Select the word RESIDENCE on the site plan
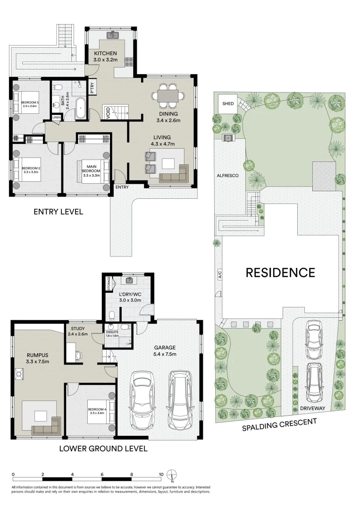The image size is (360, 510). pyautogui.click(x=280, y=272)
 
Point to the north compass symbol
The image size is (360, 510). pyautogui.click(x=173, y=474)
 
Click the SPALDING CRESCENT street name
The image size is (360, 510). pyautogui.click(x=279, y=424)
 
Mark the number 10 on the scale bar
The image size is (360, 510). pyautogui.click(x=161, y=474)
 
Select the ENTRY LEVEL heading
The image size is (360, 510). pyautogui.click(x=58, y=212)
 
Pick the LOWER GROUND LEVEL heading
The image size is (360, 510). pyautogui.click(x=103, y=448)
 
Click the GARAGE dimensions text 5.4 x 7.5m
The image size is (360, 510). pyautogui.click(x=165, y=355)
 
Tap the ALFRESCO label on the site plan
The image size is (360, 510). pyautogui.click(x=227, y=175)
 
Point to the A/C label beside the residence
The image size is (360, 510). pyautogui.click(x=219, y=275)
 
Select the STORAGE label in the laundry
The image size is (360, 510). pyautogui.click(x=109, y=285)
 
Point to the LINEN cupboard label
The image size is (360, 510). pyautogui.click(x=56, y=118)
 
